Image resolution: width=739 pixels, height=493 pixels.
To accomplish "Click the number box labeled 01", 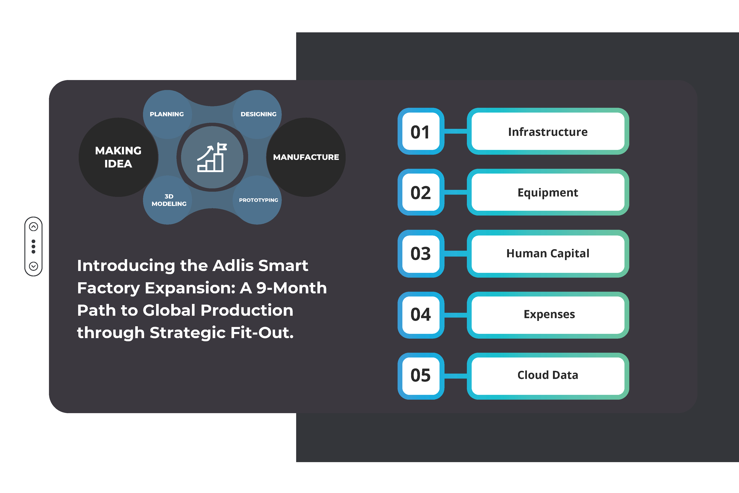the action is (x=421, y=131).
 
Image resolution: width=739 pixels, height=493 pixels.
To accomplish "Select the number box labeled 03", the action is (x=421, y=253).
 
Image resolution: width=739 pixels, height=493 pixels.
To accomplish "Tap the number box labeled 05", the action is (x=421, y=376).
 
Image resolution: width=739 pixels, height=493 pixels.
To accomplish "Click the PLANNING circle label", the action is (x=167, y=114).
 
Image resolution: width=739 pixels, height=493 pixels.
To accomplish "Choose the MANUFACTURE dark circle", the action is (x=306, y=157).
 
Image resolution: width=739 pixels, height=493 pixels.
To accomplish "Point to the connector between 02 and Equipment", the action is (x=456, y=192).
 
